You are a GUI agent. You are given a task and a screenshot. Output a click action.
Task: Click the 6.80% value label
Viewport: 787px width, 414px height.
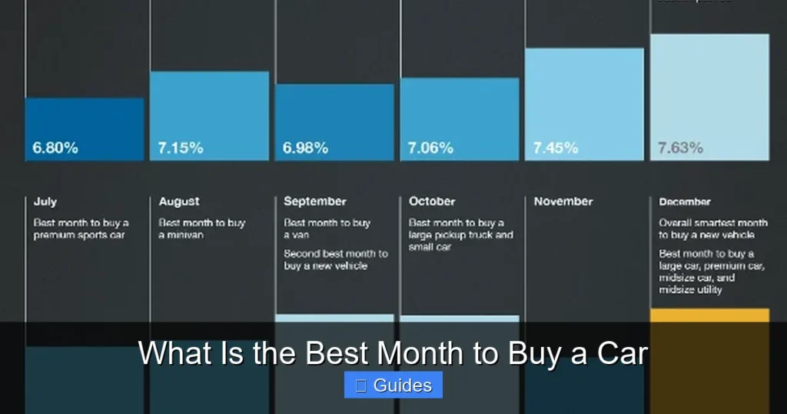coord(55,148)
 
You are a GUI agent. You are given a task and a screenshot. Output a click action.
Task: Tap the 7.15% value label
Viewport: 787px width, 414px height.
coord(181,148)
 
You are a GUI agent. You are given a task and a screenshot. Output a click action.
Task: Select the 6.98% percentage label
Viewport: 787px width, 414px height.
coord(306,148)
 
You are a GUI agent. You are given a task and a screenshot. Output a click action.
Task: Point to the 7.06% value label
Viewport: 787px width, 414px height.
coord(431,148)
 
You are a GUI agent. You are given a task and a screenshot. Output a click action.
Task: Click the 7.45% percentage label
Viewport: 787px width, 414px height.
coord(556,148)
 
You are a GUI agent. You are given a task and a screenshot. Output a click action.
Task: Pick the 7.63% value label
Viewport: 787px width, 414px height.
coord(680,148)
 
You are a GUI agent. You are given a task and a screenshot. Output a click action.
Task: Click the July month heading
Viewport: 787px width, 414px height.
coord(45,202)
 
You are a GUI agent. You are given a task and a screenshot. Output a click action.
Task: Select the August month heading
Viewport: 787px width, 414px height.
coord(179,202)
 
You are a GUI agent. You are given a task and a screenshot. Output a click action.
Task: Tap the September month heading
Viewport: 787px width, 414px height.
coord(315,202)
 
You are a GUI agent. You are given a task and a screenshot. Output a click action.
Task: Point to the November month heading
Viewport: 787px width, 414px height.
coord(563,202)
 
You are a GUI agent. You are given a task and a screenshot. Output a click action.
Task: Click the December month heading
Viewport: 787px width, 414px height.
coord(685,202)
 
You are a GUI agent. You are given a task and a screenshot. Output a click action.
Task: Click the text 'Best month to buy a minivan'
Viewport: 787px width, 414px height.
coord(202,229)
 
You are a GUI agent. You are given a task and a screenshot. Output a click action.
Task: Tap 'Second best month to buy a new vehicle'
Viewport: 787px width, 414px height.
coord(336,259)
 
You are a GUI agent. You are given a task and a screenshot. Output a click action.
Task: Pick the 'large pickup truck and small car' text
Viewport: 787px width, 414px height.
coord(461,235)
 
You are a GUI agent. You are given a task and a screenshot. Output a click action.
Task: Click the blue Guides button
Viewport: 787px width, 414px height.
coord(393,386)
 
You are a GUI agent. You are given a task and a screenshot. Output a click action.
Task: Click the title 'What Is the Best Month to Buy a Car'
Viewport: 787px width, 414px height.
coord(393,354)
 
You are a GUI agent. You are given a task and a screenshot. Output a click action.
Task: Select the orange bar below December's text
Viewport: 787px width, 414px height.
coord(709,315)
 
